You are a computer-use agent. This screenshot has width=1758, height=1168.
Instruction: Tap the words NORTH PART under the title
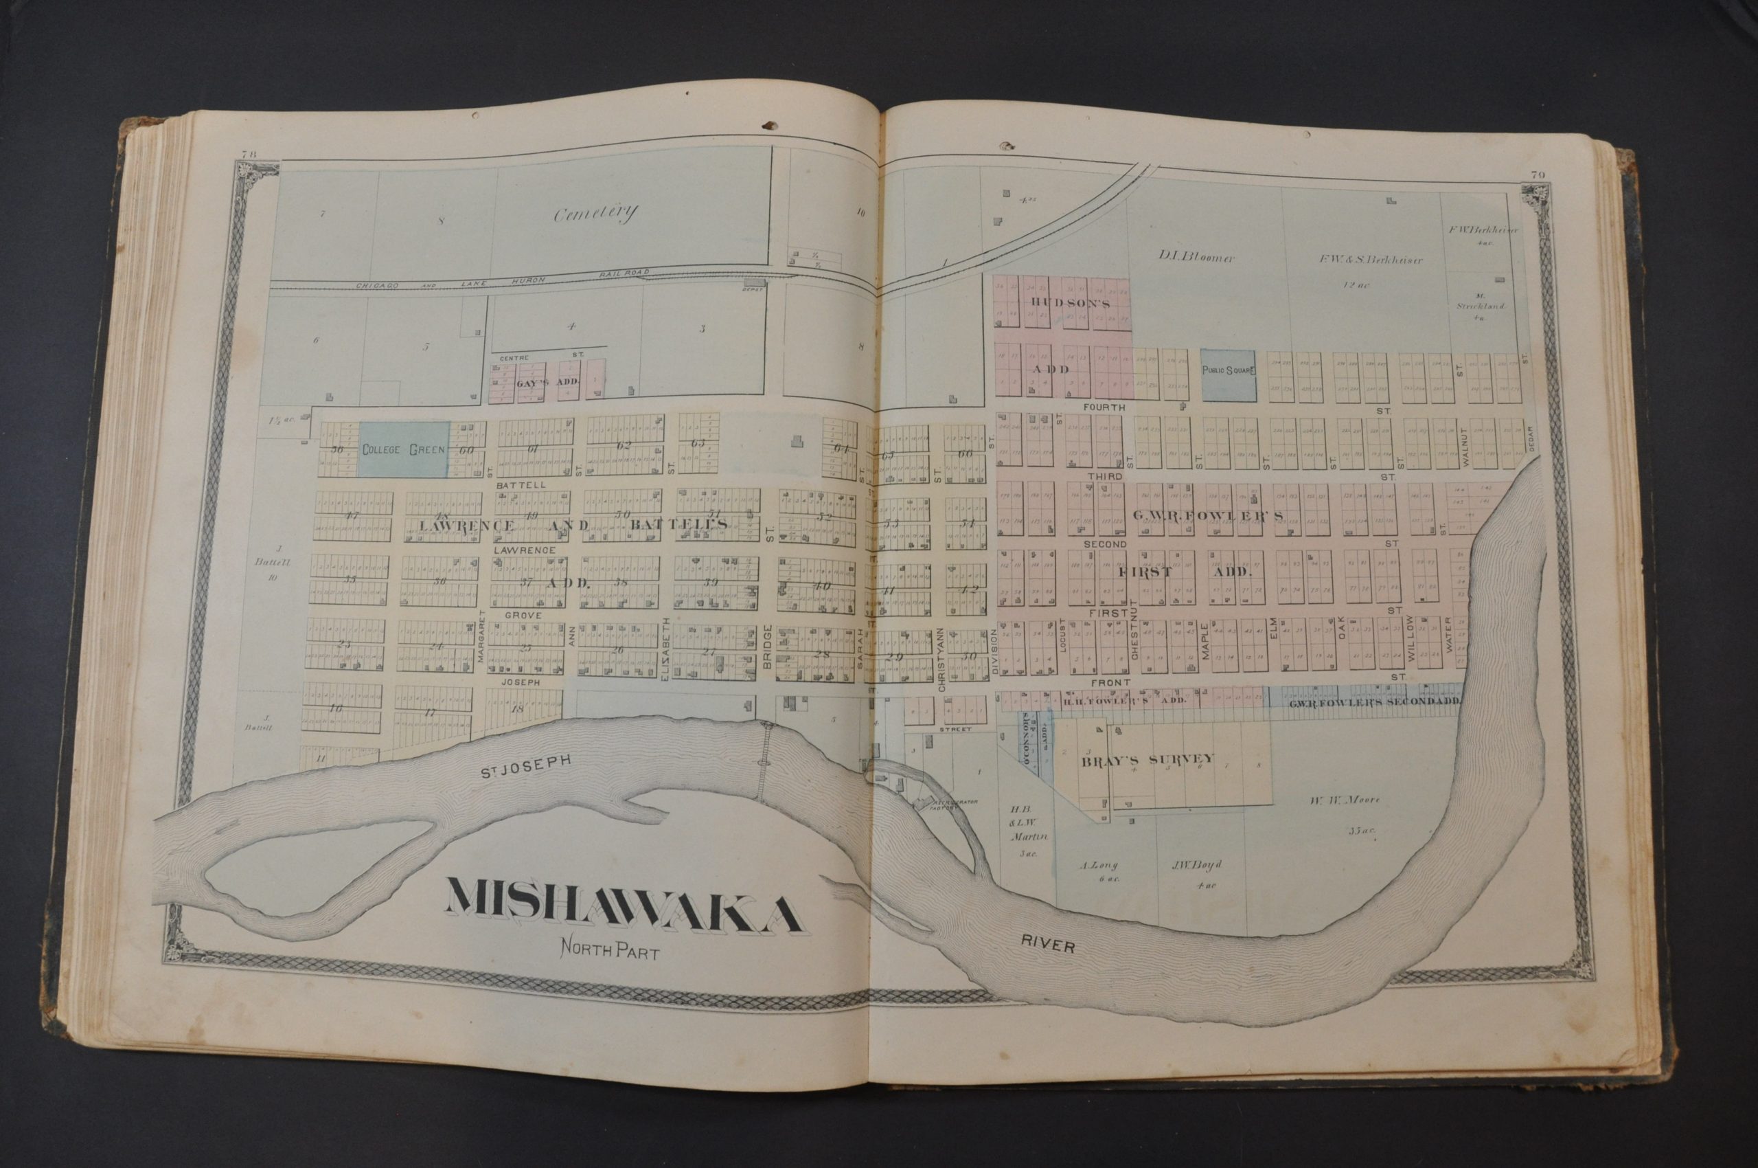click(610, 972)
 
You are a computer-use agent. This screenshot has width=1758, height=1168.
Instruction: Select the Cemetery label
click(595, 214)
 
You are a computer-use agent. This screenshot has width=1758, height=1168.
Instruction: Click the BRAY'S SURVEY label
click(1148, 760)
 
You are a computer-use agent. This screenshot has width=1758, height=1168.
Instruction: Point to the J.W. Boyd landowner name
click(1198, 865)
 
